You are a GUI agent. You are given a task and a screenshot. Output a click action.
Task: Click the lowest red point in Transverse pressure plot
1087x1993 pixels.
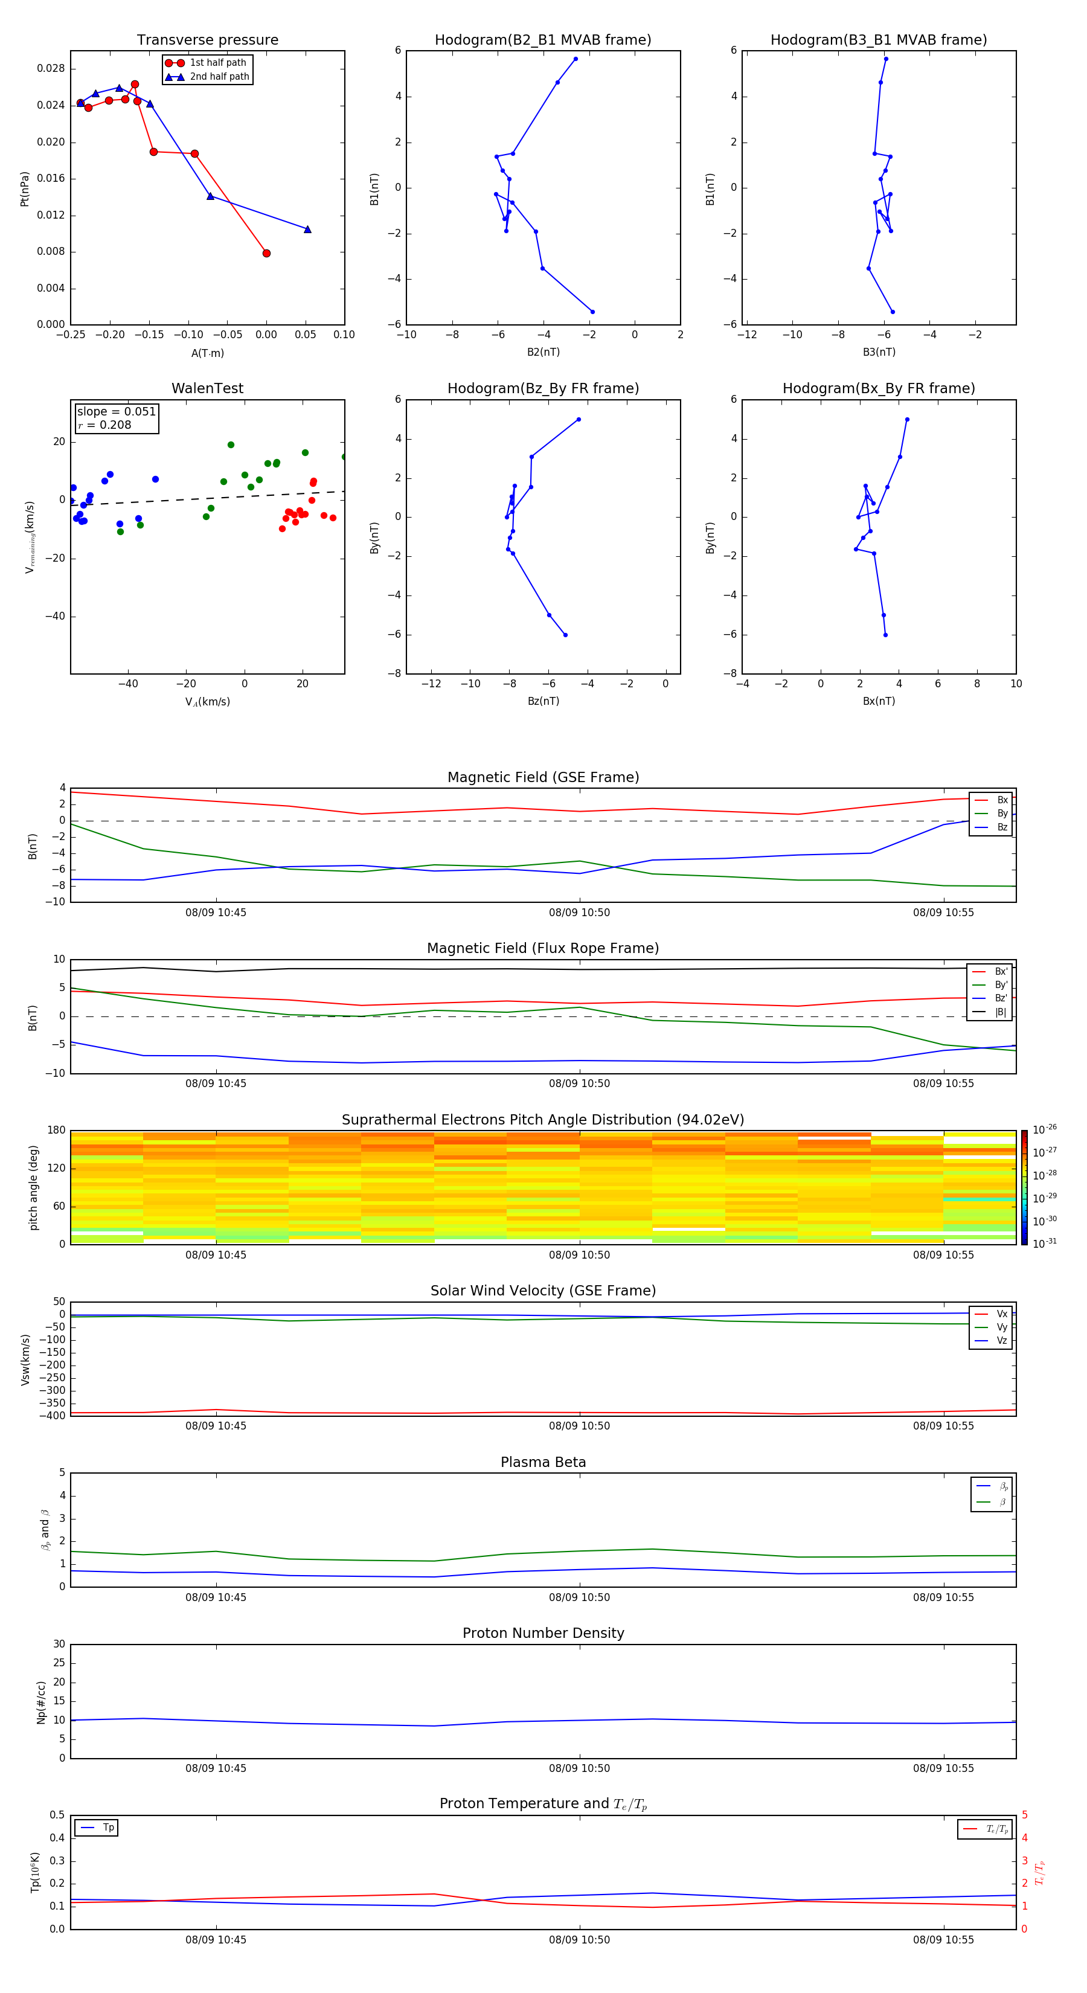pos(266,253)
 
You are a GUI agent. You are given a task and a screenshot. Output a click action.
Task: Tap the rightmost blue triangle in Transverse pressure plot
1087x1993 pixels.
pos(307,229)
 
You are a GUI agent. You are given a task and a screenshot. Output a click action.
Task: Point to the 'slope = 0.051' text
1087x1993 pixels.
pos(116,412)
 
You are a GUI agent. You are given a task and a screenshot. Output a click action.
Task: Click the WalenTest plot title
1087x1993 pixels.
pos(207,388)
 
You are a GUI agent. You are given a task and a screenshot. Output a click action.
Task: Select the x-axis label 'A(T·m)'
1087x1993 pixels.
pos(207,353)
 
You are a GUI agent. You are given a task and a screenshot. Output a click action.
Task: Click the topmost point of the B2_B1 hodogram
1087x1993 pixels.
pos(576,59)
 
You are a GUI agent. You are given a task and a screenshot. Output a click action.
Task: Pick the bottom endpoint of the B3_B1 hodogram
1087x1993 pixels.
pos(893,312)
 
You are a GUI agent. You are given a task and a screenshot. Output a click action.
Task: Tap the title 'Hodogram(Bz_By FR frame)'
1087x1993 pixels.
pos(543,388)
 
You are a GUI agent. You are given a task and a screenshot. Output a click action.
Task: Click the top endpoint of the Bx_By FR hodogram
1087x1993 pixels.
pos(906,419)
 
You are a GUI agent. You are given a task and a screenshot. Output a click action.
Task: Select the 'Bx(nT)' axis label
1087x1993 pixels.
pos(879,701)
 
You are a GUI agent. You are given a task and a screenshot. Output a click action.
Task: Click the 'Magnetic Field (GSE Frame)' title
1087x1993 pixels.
pos(543,777)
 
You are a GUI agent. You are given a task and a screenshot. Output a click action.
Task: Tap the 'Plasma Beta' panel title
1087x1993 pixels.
pos(543,1462)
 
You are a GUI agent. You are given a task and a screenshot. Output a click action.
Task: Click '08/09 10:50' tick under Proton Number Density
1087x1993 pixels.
pos(580,1768)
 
